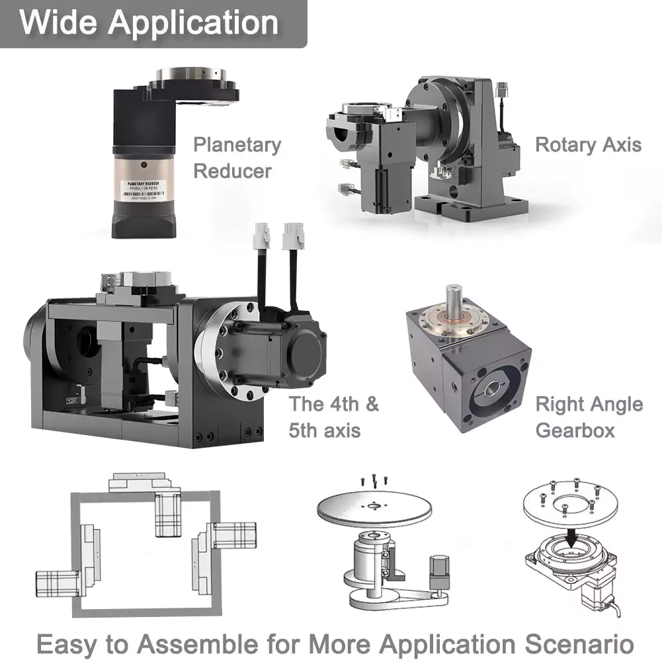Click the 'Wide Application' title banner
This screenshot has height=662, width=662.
[149, 22]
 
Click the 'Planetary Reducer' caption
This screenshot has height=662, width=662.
[237, 157]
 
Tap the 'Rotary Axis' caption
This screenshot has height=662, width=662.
[588, 145]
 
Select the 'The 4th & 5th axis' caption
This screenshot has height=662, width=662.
[334, 417]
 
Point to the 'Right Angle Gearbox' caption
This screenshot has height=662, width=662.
[589, 417]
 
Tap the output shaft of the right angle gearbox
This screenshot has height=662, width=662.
[454, 298]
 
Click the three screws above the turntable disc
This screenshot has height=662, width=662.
[374, 481]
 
